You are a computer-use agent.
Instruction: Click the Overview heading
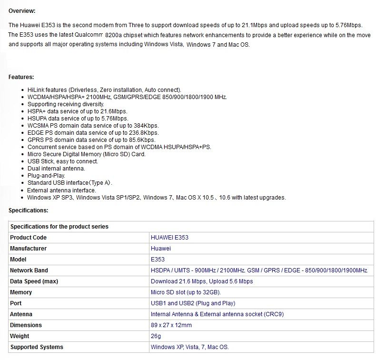(x=22, y=11)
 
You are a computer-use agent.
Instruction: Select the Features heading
(x=21, y=77)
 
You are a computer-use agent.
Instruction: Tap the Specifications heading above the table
(x=29, y=210)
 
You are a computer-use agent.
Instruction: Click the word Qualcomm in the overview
(x=89, y=35)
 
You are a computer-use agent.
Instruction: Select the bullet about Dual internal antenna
(x=56, y=169)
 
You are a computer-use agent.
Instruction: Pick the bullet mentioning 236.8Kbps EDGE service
(x=93, y=133)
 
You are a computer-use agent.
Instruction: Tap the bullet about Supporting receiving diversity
(x=66, y=104)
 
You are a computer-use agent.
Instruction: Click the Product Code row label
(x=29, y=238)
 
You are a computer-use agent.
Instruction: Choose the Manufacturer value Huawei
(x=161, y=249)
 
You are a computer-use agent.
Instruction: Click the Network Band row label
(x=29, y=270)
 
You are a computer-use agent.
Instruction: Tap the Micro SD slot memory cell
(x=186, y=292)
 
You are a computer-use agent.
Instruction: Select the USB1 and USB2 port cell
(x=193, y=303)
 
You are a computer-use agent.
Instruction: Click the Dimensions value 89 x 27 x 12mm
(x=171, y=325)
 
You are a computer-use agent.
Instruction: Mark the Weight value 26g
(x=156, y=336)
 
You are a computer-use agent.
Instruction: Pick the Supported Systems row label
(x=37, y=347)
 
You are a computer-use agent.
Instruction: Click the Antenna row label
(x=21, y=314)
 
